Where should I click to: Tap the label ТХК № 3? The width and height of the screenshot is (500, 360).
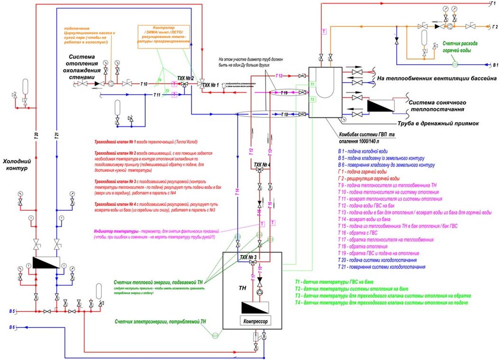[248, 257]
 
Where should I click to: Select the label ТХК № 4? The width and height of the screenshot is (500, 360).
[262, 164]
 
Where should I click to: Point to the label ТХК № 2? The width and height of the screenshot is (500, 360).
[185, 78]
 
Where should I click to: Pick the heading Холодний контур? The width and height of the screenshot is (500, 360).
[18, 165]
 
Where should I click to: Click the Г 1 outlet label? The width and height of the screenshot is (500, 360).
[492, 3]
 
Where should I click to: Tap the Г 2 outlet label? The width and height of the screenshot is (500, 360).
[494, 26]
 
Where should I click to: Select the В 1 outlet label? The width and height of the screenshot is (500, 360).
[493, 65]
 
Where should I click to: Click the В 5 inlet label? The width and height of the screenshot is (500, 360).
[11, 311]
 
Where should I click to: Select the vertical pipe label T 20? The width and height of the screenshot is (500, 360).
[36, 136]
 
